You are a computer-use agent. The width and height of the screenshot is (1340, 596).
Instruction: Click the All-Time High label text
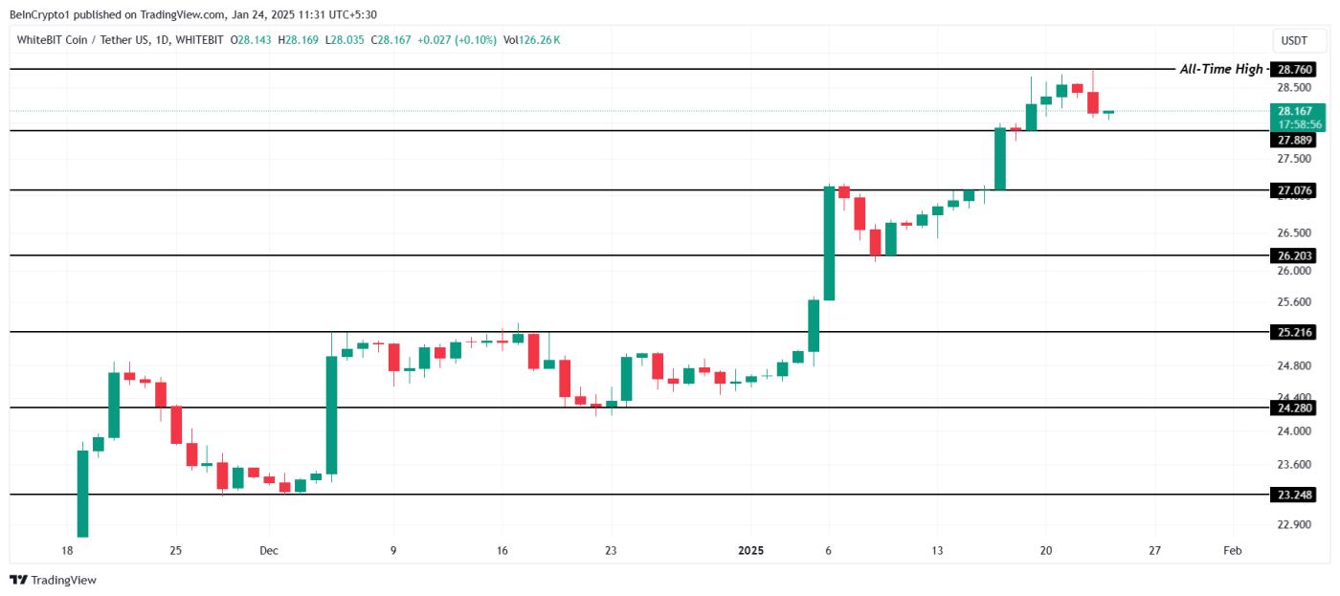1220,69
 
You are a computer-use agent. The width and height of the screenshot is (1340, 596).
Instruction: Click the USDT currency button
1293,40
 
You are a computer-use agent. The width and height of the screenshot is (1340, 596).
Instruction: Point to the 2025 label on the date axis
751,551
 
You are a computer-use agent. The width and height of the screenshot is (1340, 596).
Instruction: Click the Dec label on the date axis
269,551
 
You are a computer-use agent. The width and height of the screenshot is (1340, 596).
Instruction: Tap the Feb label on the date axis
1233,551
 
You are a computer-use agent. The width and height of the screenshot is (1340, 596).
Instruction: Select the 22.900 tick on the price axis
1295,525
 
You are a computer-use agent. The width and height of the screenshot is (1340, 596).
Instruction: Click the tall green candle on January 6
829,243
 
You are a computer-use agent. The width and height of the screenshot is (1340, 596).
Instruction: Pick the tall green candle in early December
331,414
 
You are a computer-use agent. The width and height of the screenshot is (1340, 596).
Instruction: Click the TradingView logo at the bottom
54,580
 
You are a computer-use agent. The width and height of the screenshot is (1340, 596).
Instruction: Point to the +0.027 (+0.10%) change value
458,40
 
